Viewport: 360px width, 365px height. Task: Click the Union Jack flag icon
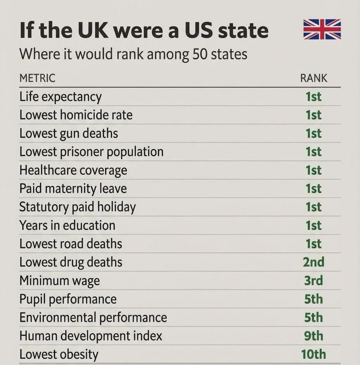[x=322, y=29]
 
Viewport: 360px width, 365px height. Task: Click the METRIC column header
[x=38, y=78]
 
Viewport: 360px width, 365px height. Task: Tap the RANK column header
[x=313, y=78]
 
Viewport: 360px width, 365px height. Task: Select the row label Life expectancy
[x=61, y=97]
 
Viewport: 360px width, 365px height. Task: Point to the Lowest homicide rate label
[x=76, y=115]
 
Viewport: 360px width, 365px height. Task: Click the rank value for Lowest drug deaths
[x=313, y=262]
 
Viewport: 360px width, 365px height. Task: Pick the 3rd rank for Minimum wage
[x=313, y=281]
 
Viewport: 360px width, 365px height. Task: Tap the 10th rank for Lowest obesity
[x=313, y=354]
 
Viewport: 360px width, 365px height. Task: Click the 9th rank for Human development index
[x=313, y=336]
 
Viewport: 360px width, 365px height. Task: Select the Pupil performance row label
[x=68, y=299]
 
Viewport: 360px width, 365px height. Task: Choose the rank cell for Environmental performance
[x=313, y=317]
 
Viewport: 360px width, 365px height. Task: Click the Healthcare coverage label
[x=73, y=170]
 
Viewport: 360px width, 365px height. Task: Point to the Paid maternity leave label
[x=73, y=189]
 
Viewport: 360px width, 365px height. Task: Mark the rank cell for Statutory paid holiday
[x=313, y=207]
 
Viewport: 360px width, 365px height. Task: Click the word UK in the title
[x=93, y=30]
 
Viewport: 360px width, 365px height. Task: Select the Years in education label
[x=67, y=226]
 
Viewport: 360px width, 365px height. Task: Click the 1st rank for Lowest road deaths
[x=313, y=244]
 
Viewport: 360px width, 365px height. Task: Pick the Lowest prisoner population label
[x=92, y=152]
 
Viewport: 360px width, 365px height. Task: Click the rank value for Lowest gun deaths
[x=313, y=133]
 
